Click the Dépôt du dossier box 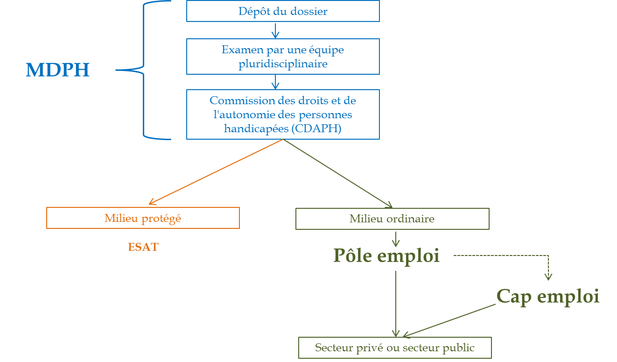point(283,11)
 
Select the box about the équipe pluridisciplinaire point(283,57)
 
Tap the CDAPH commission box point(283,114)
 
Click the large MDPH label point(57,70)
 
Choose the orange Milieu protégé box point(143,218)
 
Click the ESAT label point(143,247)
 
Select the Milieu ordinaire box point(392,219)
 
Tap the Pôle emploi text point(386,256)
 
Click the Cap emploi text point(547,296)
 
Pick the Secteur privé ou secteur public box point(395,348)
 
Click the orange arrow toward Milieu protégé point(216,172)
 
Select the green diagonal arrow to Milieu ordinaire point(338,173)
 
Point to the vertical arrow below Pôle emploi point(396,304)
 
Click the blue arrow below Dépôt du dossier point(275,30)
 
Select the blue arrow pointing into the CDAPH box point(275,82)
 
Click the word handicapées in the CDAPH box point(256,129)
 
